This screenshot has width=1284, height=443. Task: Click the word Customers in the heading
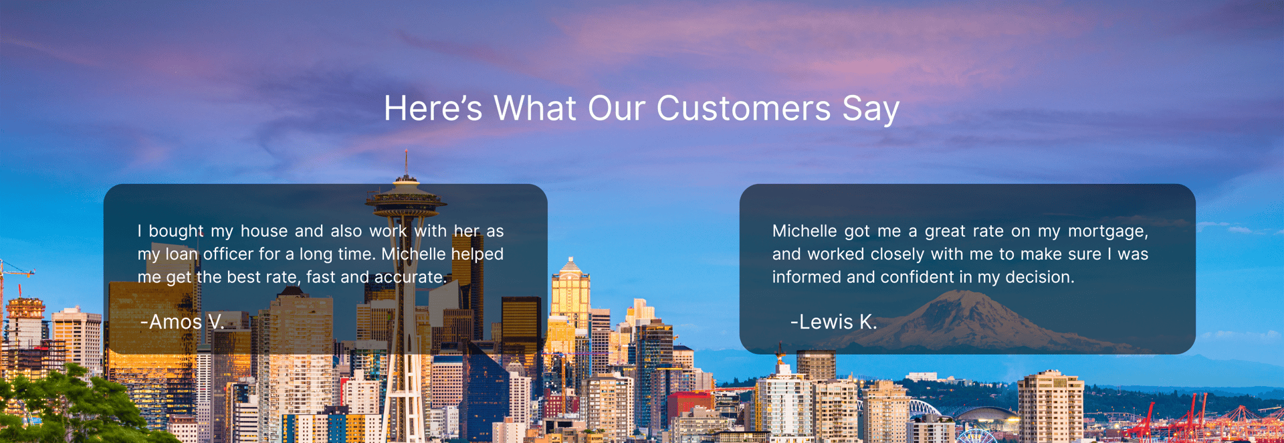click(744, 108)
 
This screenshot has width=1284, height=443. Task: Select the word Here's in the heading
click(433, 108)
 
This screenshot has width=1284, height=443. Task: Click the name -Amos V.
click(183, 322)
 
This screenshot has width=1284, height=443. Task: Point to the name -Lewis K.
click(833, 322)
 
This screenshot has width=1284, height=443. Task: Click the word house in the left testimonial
click(264, 231)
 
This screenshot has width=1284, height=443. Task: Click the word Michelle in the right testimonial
click(805, 231)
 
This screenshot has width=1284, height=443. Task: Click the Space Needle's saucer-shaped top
click(406, 199)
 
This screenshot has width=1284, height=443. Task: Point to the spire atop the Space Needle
click(406, 163)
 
